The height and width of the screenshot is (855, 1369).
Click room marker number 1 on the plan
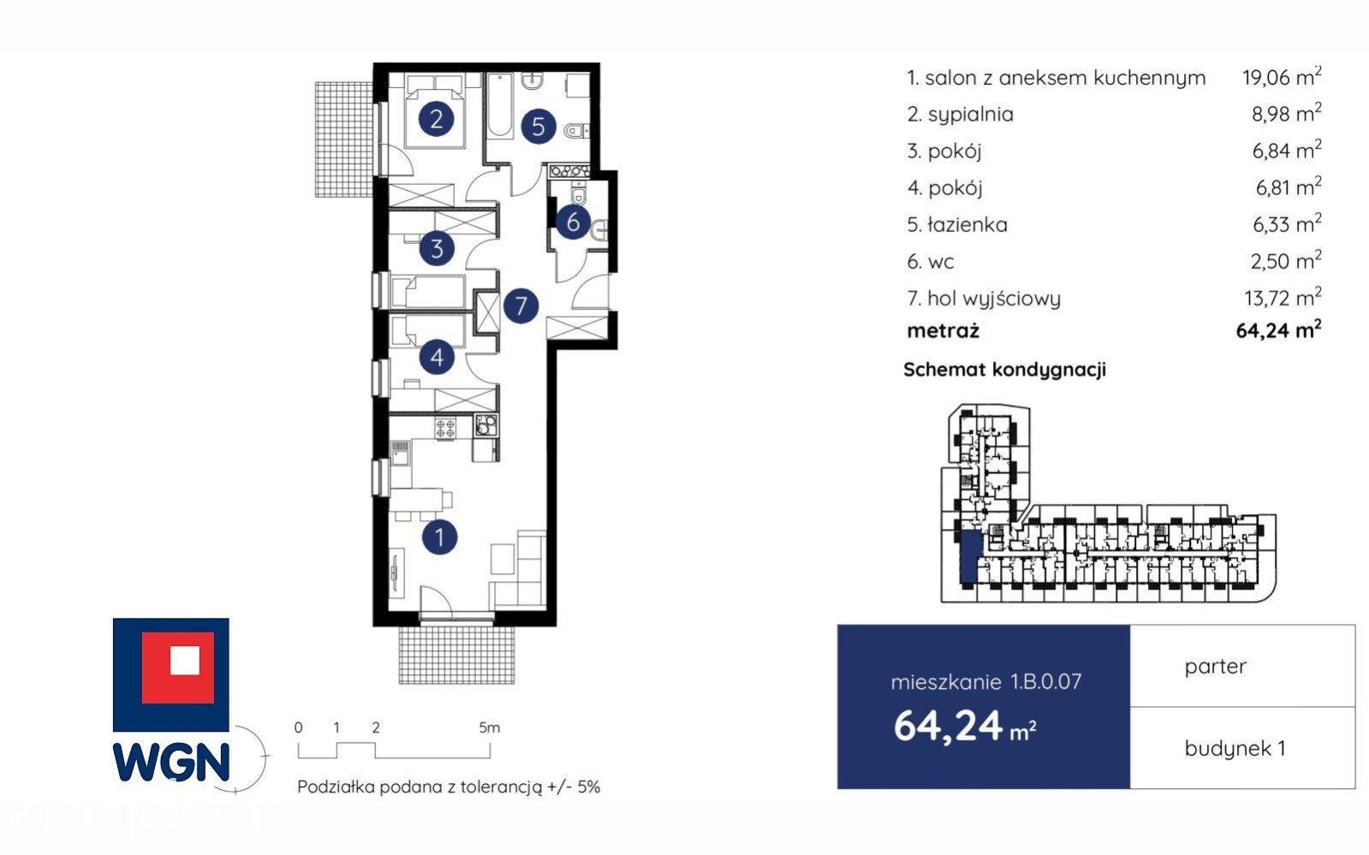(439, 537)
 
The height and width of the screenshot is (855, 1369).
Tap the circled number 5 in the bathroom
(538, 127)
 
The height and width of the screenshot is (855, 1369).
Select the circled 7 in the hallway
(521, 306)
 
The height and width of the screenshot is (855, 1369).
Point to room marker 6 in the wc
(573, 222)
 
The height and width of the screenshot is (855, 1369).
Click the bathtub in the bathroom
(501, 105)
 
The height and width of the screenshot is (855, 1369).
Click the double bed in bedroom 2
(435, 110)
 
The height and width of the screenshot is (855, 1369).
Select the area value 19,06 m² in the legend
(1282, 77)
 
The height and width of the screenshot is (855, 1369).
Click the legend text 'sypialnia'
(971, 115)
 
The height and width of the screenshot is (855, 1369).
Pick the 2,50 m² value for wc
(1286, 261)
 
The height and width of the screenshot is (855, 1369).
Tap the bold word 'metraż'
(943, 330)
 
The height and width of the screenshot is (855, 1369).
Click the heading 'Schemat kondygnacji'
(1005, 370)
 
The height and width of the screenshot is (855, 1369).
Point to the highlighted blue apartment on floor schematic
(968, 556)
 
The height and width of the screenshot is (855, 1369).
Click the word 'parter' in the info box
(1215, 667)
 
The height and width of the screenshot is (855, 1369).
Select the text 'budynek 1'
(1235, 748)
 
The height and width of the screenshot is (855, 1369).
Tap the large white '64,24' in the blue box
(948, 726)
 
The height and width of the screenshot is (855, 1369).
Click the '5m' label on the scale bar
(489, 727)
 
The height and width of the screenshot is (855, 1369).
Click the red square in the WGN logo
(178, 668)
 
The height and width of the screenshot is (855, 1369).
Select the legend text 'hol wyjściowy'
(994, 299)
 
